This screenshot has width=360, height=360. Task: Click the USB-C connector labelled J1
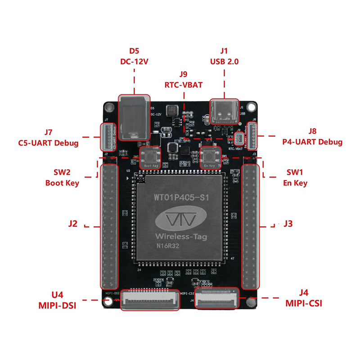click(225, 113)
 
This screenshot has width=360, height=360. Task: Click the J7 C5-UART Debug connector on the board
click(107, 137)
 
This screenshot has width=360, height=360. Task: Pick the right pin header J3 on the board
click(251, 227)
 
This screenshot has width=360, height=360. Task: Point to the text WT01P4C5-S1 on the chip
click(180, 197)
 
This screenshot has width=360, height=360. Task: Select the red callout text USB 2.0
click(224, 61)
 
